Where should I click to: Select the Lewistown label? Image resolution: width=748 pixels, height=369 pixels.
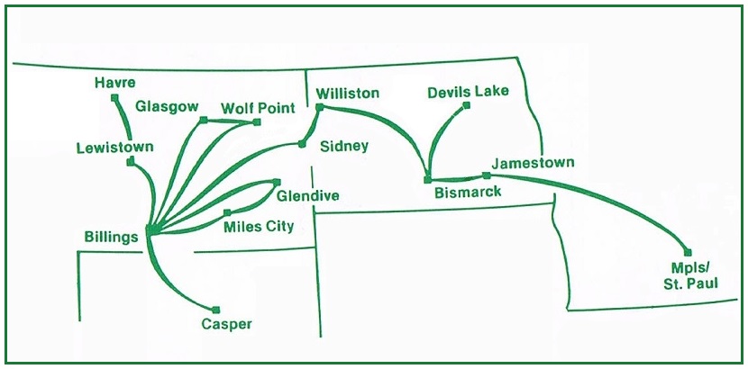coord(114,147)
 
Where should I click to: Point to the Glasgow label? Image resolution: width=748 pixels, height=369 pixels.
coord(167,106)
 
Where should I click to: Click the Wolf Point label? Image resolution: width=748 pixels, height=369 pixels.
coord(258,108)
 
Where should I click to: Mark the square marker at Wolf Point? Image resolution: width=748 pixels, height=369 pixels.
coord(257,121)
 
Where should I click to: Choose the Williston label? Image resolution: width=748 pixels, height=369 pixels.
coord(348,94)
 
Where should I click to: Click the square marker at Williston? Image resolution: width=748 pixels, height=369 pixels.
coord(319,106)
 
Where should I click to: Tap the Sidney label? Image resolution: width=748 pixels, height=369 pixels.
coord(344,146)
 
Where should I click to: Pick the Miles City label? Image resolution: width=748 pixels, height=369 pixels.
coord(259,226)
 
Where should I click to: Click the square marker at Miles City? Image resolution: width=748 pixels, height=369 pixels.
coord(227,212)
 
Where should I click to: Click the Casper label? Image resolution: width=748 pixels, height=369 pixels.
coord(227,324)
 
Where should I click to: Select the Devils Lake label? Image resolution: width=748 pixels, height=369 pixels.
coord(469,91)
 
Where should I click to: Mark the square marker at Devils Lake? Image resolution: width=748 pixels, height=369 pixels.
coord(467,105)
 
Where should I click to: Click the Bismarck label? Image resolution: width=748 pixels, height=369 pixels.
coord(468,192)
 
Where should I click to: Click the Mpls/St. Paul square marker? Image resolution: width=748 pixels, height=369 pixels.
coord(688,252)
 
